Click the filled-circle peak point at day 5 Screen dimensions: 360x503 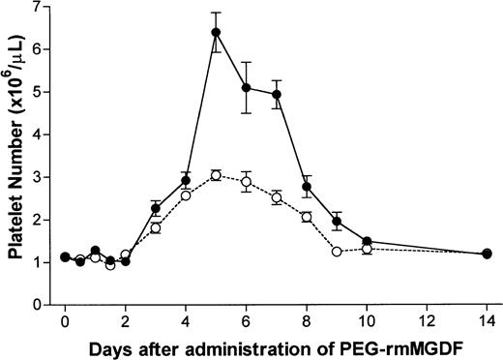[216, 32]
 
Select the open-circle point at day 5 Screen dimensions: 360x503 [216, 175]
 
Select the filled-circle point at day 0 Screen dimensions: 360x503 [65, 256]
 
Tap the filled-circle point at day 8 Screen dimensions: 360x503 [307, 186]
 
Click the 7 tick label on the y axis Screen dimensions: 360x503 [47, 7]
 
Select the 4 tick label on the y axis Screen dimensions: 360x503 [47, 135]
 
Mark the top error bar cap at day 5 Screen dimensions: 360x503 [216, 13]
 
